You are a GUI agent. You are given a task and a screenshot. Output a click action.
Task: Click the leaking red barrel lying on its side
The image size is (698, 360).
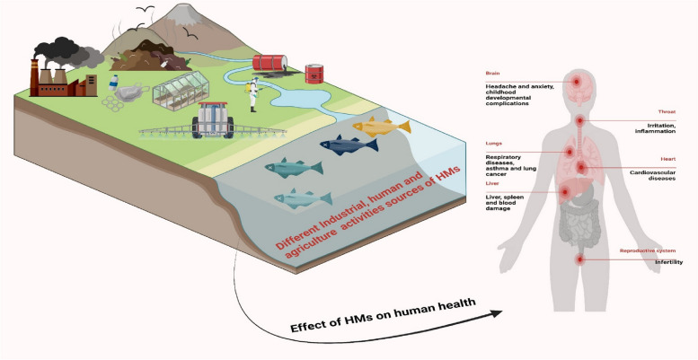pyautogui.click(x=269, y=62)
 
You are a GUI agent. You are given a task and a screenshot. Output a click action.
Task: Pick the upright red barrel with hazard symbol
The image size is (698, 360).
pyautogui.click(x=314, y=72)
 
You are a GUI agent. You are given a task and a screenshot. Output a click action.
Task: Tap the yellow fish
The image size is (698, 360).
pyautogui.click(x=382, y=126)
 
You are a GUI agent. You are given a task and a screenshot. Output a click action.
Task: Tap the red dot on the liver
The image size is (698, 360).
pyautogui.click(x=564, y=191)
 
